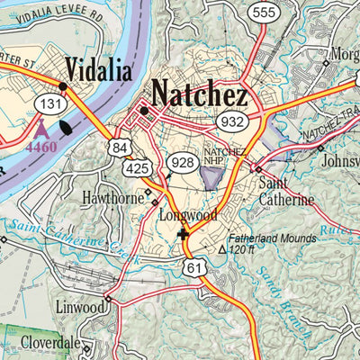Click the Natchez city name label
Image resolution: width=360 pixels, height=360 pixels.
point(211,92)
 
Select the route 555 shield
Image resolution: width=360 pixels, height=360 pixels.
point(264,12)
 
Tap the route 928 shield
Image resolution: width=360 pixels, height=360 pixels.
point(182,162)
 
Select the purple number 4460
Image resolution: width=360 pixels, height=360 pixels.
point(40,147)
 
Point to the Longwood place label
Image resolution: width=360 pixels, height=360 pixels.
point(184,216)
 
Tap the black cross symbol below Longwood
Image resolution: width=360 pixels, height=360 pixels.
point(184,234)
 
